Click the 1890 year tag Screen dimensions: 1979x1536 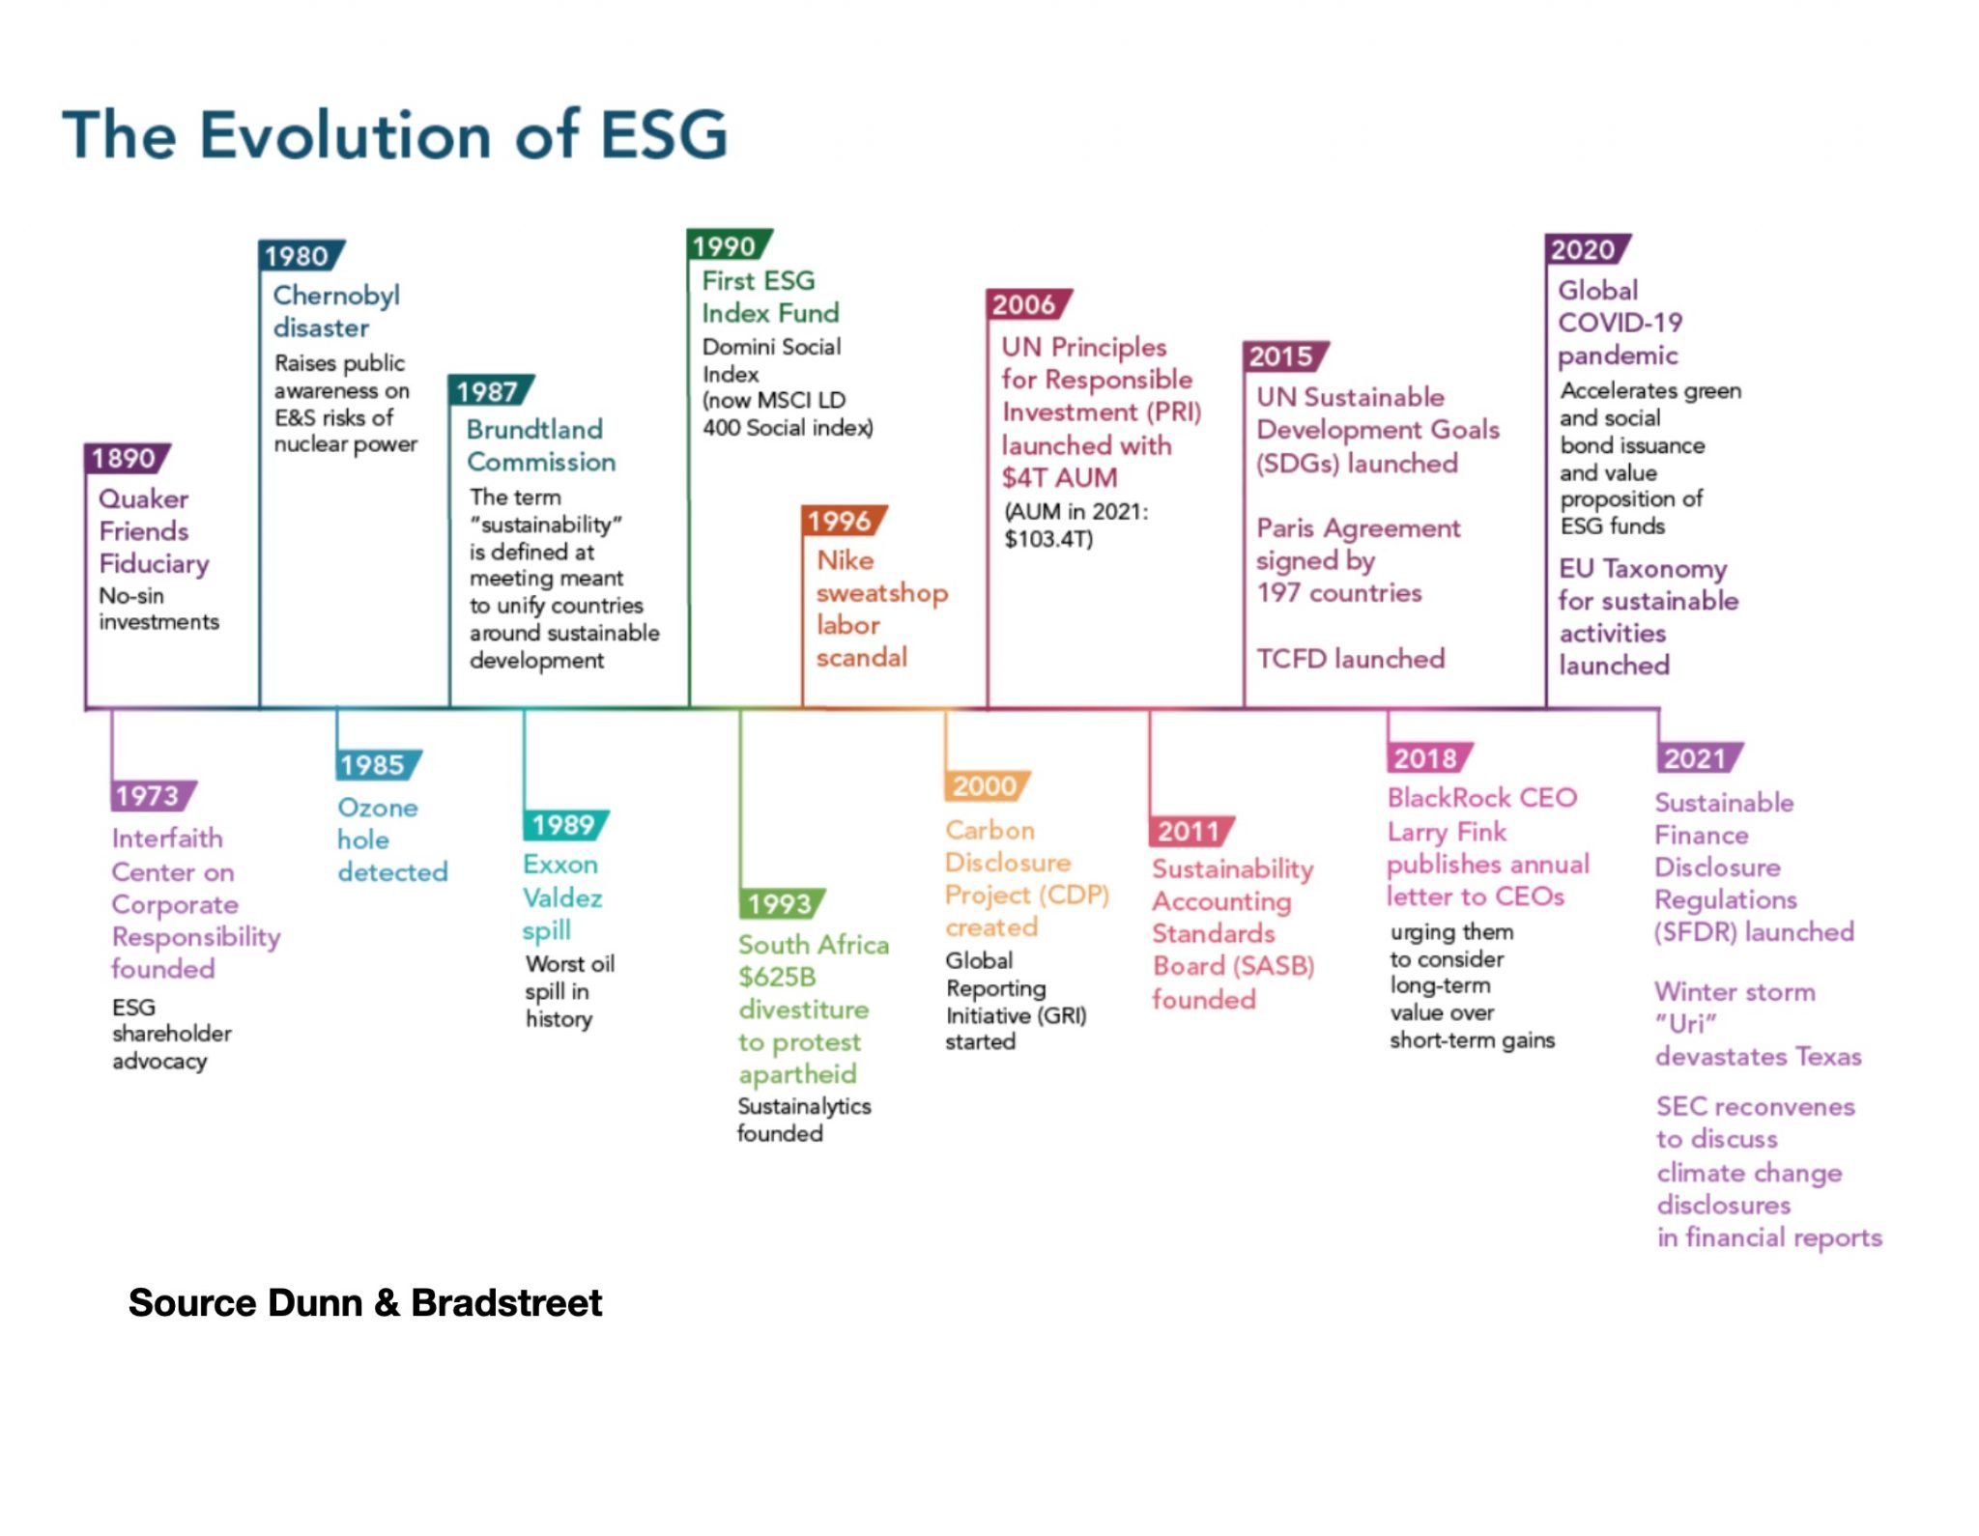(x=127, y=458)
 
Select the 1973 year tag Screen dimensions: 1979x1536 (x=153, y=796)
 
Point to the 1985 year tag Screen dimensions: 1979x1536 (x=379, y=765)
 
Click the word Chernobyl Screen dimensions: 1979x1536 (x=336, y=297)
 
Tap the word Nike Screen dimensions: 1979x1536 (x=846, y=560)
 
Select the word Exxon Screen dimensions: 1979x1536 (x=560, y=865)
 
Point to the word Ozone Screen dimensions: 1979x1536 (x=378, y=808)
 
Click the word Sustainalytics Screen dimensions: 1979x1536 (x=804, y=1106)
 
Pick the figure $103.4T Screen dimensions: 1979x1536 (x=1049, y=539)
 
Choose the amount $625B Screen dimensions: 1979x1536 (x=778, y=978)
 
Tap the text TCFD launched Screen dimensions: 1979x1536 (x=1351, y=659)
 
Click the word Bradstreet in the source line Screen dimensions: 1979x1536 (x=506, y=1303)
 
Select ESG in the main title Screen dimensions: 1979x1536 (x=664, y=134)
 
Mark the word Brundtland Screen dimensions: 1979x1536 (x=534, y=430)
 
